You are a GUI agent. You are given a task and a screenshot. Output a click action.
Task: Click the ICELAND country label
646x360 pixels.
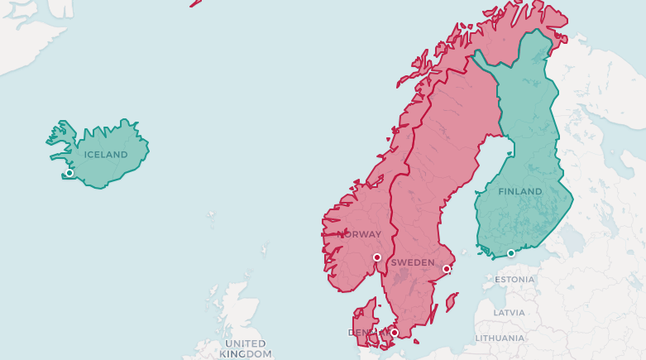[106, 155]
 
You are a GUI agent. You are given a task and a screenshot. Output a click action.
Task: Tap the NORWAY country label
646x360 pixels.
[359, 234]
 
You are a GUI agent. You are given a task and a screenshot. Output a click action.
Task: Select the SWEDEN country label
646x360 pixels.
[412, 262]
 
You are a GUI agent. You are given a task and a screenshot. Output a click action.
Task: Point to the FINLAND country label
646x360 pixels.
[519, 191]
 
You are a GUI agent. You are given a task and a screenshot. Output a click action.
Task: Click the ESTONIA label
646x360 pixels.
[514, 280]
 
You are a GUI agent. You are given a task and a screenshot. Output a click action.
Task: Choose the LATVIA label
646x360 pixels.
[508, 313]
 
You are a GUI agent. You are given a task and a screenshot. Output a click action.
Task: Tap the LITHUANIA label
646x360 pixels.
[500, 338]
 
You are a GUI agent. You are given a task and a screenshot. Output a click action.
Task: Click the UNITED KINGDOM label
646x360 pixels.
[246, 348]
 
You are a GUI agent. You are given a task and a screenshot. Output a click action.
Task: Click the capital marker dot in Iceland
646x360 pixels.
[69, 173]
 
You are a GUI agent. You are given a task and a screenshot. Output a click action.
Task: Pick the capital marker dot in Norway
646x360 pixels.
[377, 257]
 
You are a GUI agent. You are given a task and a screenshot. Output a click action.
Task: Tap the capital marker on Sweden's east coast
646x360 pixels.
[447, 268]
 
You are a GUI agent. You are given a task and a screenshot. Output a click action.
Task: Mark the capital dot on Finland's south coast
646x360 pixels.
[511, 252]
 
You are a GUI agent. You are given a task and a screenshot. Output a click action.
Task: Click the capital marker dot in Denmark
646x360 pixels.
[395, 333]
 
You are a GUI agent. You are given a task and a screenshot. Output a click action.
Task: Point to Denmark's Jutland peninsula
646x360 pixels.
[362, 319]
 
